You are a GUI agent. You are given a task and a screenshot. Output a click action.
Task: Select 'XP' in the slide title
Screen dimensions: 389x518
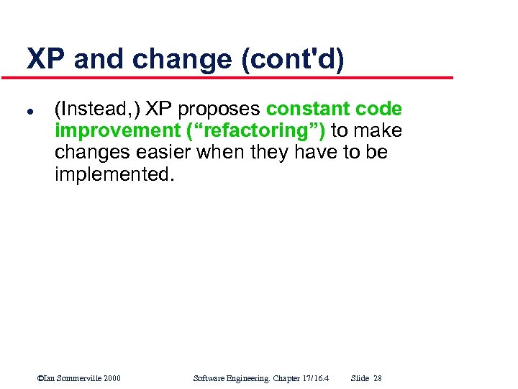[x=47, y=60]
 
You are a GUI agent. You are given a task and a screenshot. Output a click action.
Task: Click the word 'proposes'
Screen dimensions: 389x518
[x=219, y=109]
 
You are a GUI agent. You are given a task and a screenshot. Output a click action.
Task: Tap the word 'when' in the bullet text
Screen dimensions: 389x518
[x=228, y=153]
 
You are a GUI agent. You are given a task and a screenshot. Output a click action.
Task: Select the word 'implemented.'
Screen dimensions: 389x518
[x=114, y=174]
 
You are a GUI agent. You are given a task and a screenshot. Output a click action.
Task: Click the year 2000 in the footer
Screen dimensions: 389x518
[x=112, y=378]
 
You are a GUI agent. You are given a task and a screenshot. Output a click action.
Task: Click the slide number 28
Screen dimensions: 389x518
[x=378, y=378]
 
